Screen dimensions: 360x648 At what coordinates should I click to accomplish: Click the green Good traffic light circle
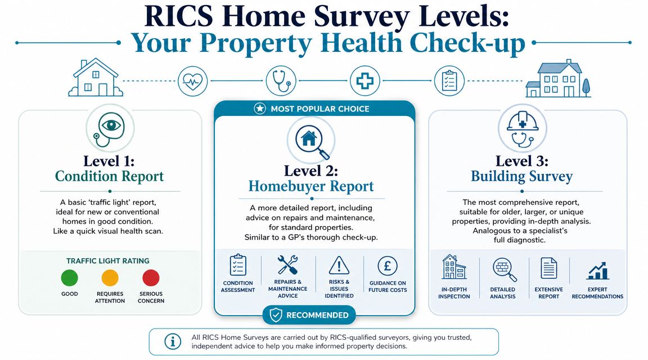click(69, 278)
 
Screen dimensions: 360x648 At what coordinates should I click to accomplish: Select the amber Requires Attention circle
click(110, 278)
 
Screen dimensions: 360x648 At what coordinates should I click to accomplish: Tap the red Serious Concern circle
click(151, 278)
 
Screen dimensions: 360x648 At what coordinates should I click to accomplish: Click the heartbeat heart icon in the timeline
click(192, 80)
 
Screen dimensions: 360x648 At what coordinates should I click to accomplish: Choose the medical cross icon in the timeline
click(364, 80)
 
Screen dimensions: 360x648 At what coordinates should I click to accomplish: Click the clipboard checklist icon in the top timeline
click(449, 80)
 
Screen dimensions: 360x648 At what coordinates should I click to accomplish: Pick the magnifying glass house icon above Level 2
click(311, 140)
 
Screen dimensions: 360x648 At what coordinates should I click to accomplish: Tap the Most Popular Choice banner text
click(319, 109)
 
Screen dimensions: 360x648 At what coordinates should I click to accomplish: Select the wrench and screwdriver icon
click(287, 265)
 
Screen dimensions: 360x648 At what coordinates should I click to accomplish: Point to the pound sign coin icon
click(388, 265)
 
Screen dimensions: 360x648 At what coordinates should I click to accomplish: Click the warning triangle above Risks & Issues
click(339, 265)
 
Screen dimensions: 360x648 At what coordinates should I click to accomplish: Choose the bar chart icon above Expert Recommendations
click(597, 271)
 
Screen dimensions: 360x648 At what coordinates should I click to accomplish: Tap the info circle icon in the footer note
click(173, 341)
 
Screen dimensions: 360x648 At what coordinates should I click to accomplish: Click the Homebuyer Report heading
click(311, 186)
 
